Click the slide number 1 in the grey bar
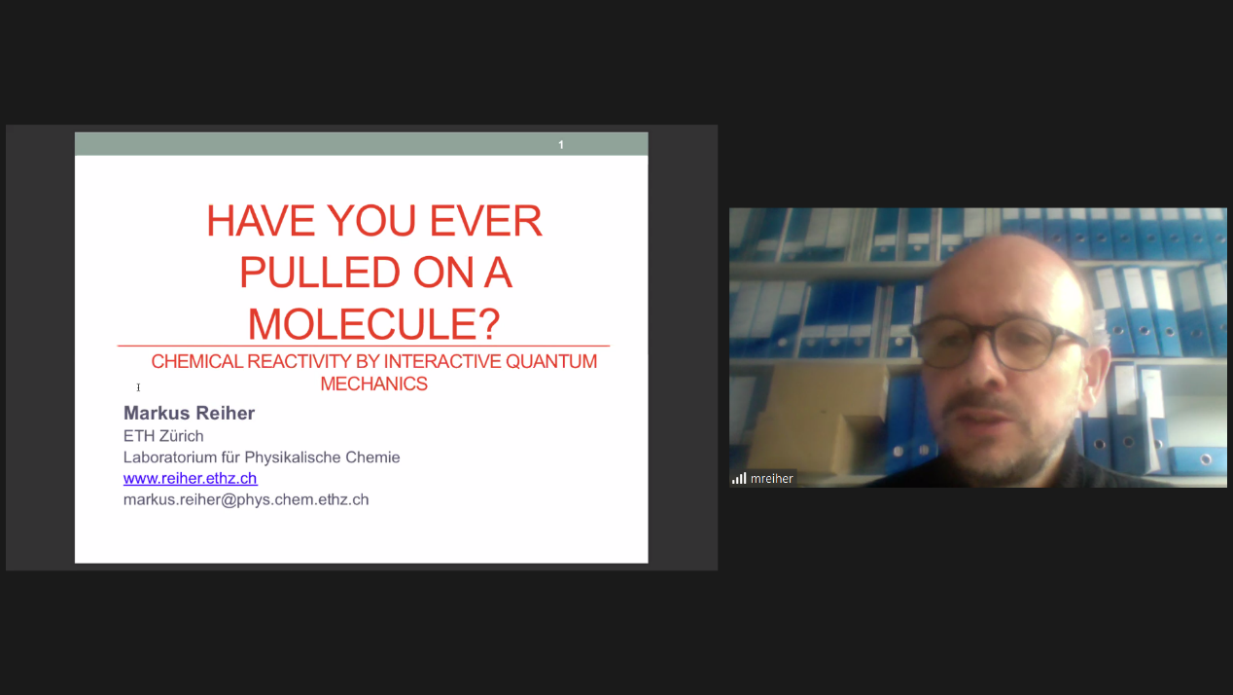560,145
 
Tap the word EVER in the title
485,221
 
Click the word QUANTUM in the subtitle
551,361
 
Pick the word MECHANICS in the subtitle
373,384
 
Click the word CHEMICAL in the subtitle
197,361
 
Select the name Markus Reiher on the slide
189,413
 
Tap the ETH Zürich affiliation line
163,436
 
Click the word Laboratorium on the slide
170,457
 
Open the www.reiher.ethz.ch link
190,478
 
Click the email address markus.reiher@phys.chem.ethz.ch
246,499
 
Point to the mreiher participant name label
772,478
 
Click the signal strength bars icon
739,478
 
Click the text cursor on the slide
138,387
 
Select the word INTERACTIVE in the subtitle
442,361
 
